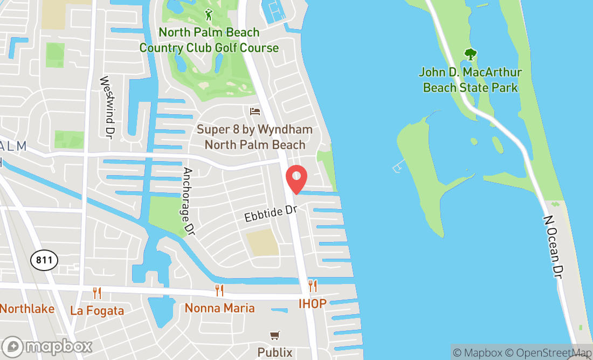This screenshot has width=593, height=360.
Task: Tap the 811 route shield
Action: coord(44,260)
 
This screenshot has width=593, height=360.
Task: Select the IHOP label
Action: coord(313,304)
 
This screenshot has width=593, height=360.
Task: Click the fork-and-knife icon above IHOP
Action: coord(313,286)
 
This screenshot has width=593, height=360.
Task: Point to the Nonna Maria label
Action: coord(219,308)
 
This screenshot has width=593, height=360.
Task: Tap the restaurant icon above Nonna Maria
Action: coord(219,290)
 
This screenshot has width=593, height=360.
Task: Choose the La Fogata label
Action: coord(97,310)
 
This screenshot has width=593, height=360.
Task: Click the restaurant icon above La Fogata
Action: coord(97,293)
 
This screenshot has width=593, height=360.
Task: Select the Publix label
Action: coord(275,352)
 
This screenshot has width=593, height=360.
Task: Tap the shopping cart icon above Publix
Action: coord(275,336)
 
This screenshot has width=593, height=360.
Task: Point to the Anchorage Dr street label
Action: coord(188,201)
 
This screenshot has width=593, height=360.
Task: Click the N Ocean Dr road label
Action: coord(555,247)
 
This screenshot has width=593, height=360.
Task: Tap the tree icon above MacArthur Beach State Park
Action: coord(471,54)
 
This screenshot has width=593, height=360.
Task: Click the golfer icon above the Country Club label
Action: coord(209,15)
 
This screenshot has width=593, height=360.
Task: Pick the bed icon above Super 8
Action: coord(255,112)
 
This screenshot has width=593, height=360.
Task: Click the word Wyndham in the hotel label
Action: coord(285,130)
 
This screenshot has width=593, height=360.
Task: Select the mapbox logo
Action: coord(47,346)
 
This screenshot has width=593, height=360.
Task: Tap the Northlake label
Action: coord(27,309)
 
